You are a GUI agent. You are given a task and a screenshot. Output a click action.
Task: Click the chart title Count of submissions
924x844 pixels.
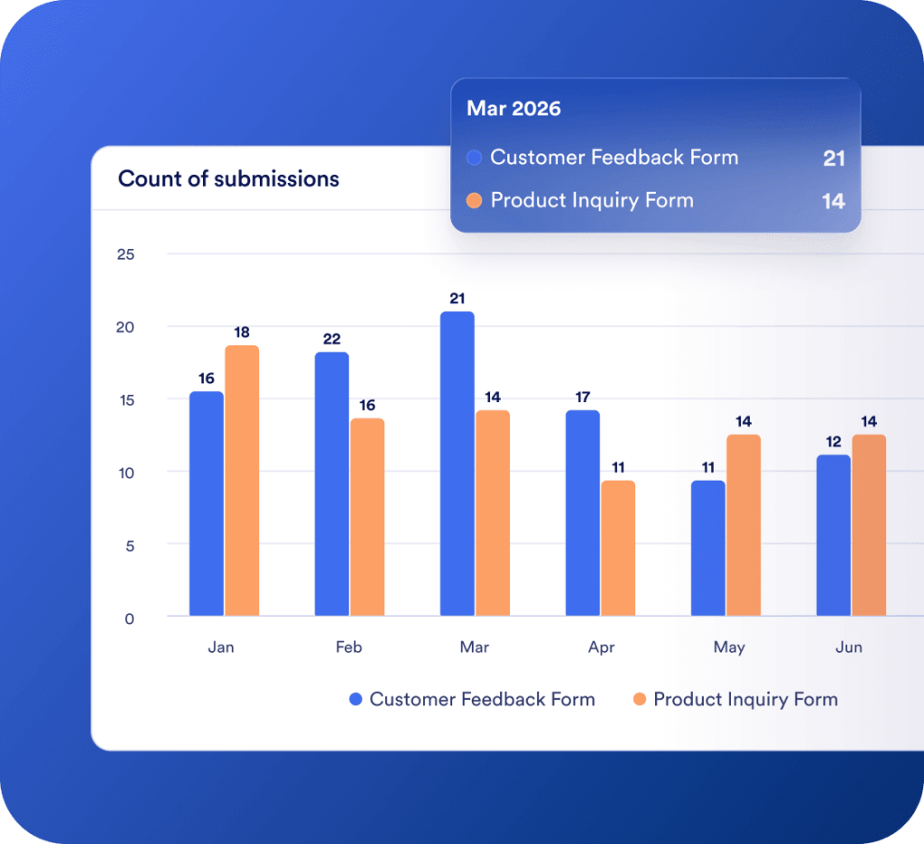[x=228, y=179]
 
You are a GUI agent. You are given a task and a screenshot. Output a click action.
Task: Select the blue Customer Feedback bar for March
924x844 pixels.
[x=457, y=463]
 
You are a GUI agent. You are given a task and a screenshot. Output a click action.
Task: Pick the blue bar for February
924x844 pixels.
[x=332, y=484]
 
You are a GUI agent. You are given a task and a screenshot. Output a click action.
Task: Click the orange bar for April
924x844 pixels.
[x=618, y=548]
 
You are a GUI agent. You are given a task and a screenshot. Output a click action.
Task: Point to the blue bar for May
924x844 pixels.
[x=708, y=548]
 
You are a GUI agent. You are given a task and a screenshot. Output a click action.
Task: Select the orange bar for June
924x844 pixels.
[x=869, y=526]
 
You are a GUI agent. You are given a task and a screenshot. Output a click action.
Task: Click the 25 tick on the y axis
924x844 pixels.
[x=125, y=254]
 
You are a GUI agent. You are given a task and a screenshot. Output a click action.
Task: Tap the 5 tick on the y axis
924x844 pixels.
[x=129, y=545]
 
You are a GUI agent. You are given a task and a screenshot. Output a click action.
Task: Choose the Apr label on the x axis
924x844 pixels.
[x=601, y=647]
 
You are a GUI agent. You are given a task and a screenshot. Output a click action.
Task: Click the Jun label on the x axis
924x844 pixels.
[x=849, y=647]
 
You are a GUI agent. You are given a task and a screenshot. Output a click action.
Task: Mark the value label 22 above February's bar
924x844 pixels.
[x=331, y=339]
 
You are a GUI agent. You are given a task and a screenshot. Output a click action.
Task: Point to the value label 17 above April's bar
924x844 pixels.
[x=582, y=397]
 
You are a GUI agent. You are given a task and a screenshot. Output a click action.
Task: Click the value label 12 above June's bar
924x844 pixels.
[x=833, y=442]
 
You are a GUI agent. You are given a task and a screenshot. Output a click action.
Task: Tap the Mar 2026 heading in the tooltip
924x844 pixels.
[x=513, y=109]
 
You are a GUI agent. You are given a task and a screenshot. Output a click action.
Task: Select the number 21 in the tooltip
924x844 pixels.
[x=834, y=159]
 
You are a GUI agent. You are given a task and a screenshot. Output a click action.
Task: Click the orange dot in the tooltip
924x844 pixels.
[x=475, y=201]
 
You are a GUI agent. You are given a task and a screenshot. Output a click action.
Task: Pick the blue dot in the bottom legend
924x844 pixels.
[x=356, y=699]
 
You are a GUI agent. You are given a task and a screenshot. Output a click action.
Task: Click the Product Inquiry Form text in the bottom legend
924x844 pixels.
[x=745, y=699]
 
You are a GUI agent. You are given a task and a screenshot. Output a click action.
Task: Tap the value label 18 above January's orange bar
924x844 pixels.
[x=242, y=333]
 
